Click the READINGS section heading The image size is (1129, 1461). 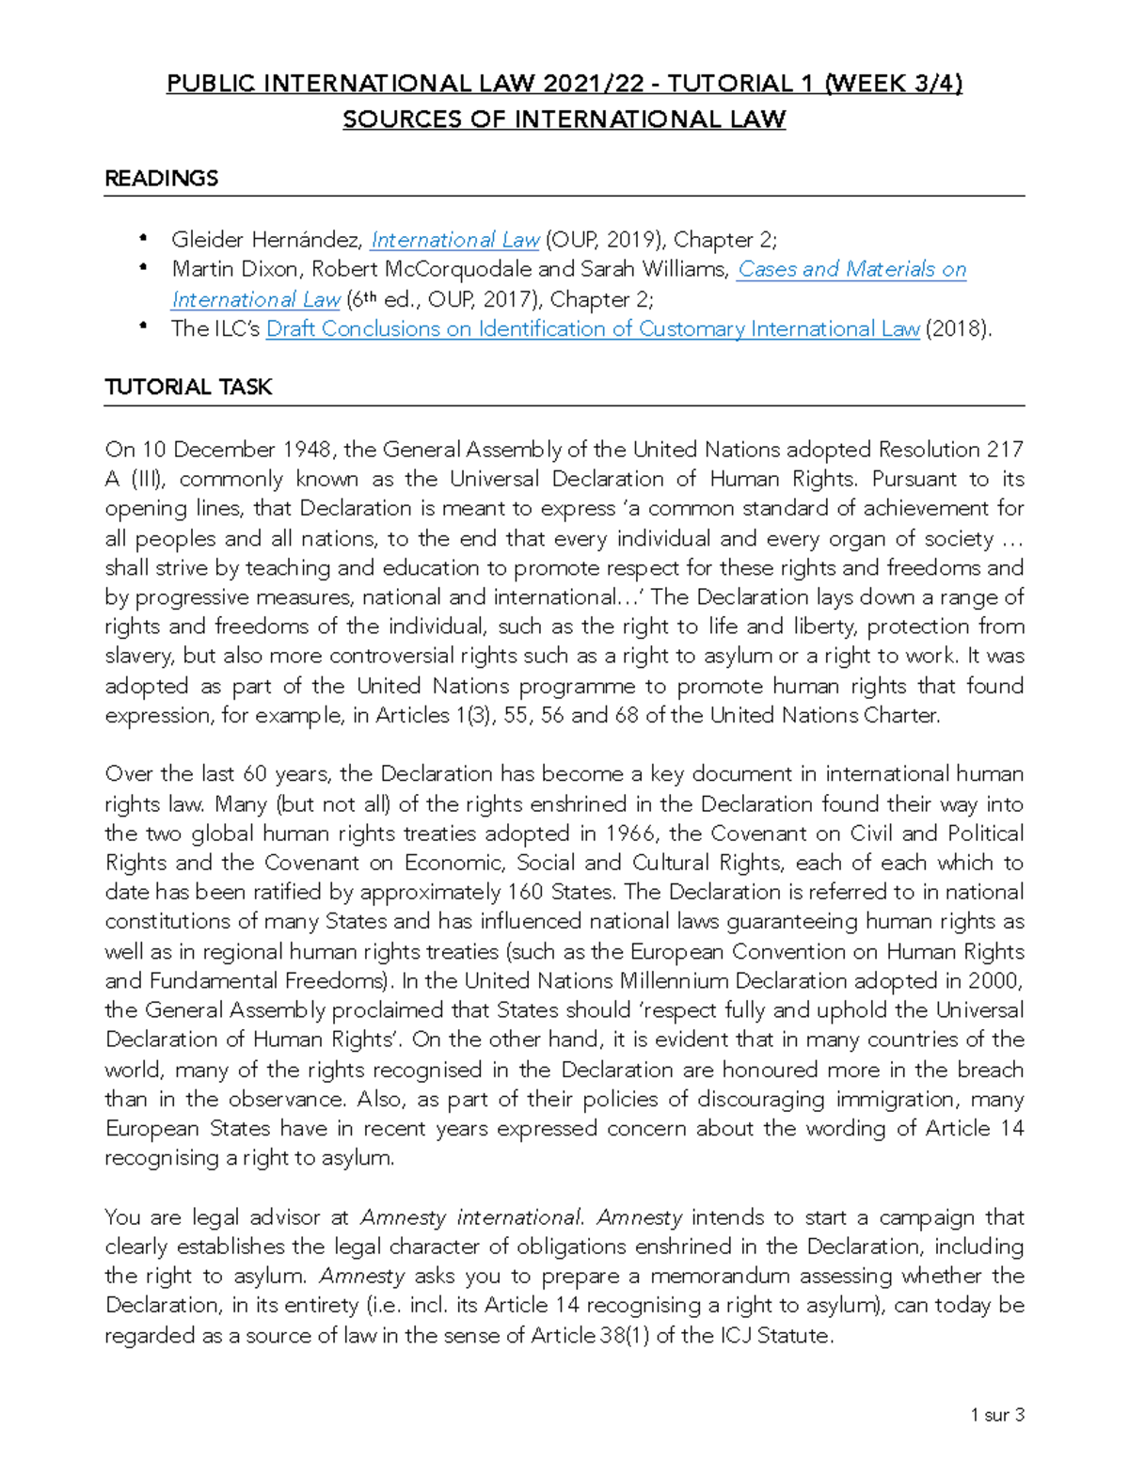(x=161, y=179)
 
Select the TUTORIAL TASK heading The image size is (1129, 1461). (x=188, y=388)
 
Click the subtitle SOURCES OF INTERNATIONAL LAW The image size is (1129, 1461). (x=564, y=119)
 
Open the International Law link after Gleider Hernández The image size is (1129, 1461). (x=455, y=240)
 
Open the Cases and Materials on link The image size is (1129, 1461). (x=851, y=269)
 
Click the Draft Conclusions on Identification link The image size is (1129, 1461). (x=592, y=329)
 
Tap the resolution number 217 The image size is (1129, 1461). (x=1004, y=450)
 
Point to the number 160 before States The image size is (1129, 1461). (x=525, y=892)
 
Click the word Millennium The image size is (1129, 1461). (x=674, y=981)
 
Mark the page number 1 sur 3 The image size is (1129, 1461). (x=997, y=1415)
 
